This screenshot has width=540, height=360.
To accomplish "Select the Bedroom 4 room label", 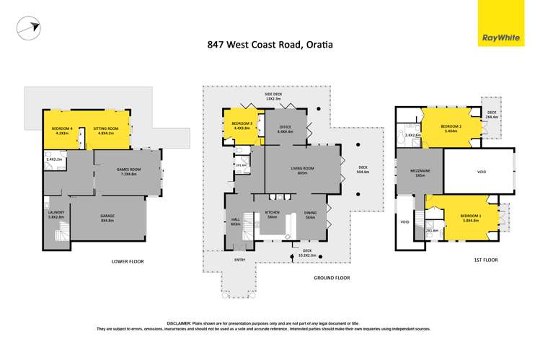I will point(60,130).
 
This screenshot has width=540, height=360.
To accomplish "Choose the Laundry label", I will point(56,213).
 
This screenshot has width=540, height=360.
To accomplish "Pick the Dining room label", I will point(310,215).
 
